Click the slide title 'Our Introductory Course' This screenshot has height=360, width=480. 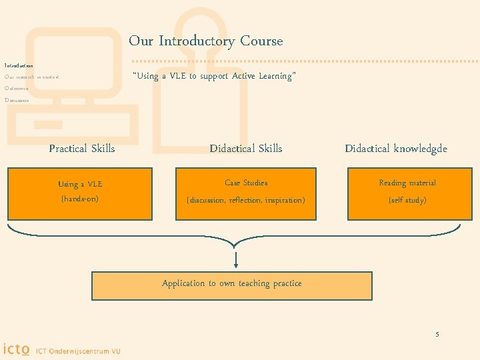click(205, 41)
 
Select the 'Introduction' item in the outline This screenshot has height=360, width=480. click(19, 66)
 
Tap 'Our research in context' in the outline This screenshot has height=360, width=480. click(31, 77)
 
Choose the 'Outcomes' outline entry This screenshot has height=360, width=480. click(16, 89)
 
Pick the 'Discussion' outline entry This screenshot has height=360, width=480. click(17, 100)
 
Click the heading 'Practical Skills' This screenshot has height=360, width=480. click(82, 149)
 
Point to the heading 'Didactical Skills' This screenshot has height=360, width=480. click(245, 149)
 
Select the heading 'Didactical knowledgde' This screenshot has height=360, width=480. click(396, 149)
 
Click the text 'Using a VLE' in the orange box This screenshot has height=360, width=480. click(80, 185)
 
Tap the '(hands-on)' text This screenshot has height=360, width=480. click(80, 199)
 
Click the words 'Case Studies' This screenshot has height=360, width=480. click(246, 183)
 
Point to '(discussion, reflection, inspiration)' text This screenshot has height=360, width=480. click(246, 200)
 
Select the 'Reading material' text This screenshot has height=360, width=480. click(407, 183)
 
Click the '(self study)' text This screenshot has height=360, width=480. click(407, 200)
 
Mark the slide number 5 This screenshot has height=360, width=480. click(437, 334)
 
